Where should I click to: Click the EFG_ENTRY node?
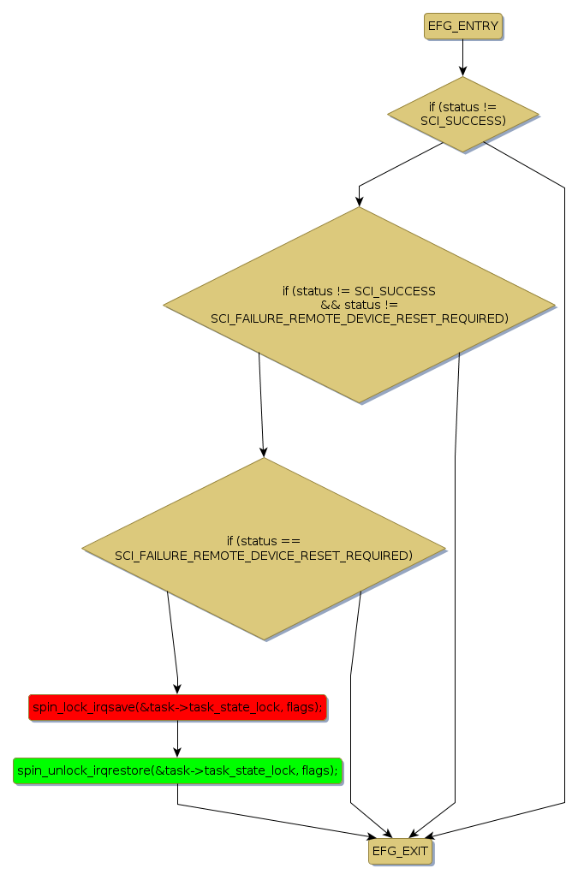[x=462, y=27]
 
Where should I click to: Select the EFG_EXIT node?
[x=400, y=852]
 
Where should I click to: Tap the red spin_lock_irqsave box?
[x=177, y=707]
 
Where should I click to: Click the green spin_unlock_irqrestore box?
[x=177, y=770]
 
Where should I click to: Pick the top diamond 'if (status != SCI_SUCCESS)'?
[x=462, y=114]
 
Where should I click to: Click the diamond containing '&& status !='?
[x=359, y=305]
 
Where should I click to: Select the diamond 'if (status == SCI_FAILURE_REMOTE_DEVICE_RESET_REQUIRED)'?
[x=264, y=548]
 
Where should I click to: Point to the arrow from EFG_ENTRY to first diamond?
[x=462, y=58]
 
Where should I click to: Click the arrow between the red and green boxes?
[x=177, y=739]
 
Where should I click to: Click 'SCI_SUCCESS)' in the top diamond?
[x=462, y=122]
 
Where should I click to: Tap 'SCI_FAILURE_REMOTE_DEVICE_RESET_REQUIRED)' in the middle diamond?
[x=359, y=318]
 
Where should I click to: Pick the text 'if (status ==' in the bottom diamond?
[x=264, y=541]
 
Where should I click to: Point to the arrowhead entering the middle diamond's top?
[x=359, y=201]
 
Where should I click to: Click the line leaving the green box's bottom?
[x=177, y=794]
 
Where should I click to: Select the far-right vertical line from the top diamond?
[x=564, y=496]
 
